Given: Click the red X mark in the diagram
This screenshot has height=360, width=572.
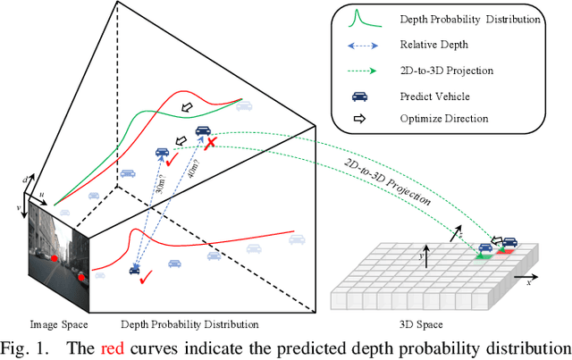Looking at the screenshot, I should pos(211,144).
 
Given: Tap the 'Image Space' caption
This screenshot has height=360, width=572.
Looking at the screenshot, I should pos(57,323).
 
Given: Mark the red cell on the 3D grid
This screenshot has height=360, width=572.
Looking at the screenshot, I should pos(504,252).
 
